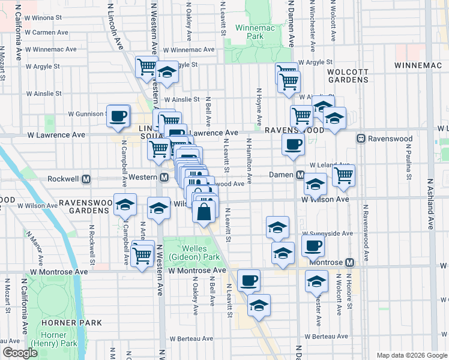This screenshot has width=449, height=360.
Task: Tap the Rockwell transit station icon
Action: coord(86,179)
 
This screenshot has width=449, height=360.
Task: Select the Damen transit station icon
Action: coord(300,175)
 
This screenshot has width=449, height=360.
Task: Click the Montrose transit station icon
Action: coord(350,262)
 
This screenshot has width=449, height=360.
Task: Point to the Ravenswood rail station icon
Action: coord(361,139)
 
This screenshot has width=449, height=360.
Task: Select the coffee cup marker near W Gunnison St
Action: coord(118,115)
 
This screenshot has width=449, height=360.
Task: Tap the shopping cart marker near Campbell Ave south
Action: coord(142,255)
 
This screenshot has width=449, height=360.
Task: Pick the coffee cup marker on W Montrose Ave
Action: coord(249,280)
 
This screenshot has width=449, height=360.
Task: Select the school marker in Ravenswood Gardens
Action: coord(125,206)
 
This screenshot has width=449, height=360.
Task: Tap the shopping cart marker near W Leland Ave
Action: coord(343,175)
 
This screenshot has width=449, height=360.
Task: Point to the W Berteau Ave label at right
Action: coord(327,337)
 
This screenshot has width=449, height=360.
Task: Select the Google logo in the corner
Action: coord(20,353)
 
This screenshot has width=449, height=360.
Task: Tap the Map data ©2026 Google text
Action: coord(411,355)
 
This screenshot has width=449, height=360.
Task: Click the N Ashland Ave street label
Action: coord(430,204)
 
